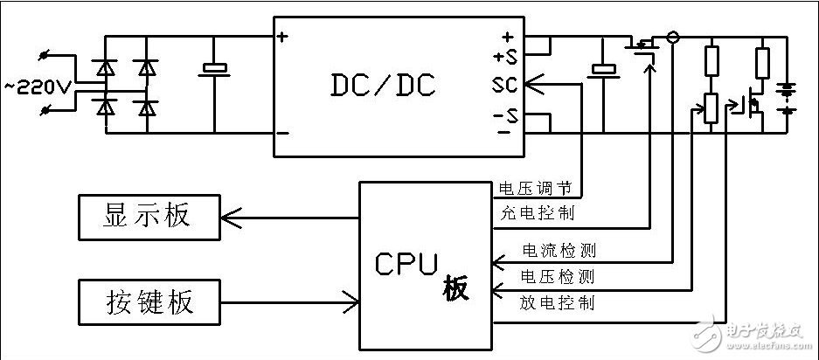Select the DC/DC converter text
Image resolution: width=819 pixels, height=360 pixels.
click(x=383, y=85)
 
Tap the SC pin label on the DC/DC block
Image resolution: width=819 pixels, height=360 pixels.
click(x=504, y=85)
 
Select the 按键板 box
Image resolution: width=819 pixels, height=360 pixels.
click(x=148, y=302)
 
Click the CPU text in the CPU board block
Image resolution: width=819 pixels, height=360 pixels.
click(x=406, y=264)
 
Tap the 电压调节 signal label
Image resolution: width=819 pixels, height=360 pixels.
click(x=535, y=188)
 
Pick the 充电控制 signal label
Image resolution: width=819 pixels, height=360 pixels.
click(x=535, y=212)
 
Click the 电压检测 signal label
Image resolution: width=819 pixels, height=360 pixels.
click(x=558, y=277)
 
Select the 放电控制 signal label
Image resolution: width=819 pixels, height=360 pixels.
click(x=558, y=302)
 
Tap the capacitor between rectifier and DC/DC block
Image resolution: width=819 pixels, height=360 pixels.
click(x=214, y=70)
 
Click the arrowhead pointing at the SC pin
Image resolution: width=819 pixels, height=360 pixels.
click(x=532, y=85)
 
